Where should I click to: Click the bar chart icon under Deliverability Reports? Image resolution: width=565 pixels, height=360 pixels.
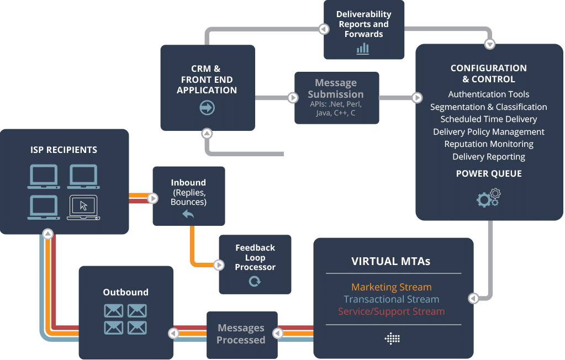coord(363,48)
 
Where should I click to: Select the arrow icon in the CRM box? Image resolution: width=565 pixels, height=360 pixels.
coord(207,108)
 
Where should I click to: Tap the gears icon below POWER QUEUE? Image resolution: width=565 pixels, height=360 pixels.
coord(488,197)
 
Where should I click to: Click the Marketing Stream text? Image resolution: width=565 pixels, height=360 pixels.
coord(391,287)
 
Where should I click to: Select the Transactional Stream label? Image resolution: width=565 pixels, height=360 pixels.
coord(391,299)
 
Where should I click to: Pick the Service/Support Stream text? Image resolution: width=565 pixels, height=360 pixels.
coord(391,311)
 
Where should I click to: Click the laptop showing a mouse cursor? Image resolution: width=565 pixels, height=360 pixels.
coord(83,208)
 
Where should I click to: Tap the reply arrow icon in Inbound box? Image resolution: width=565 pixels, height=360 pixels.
coord(188,214)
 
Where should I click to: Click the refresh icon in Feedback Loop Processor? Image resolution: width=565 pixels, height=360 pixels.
coord(255,282)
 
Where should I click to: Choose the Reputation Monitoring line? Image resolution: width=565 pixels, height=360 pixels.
coord(489,144)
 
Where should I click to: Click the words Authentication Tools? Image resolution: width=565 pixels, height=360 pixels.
coord(489,94)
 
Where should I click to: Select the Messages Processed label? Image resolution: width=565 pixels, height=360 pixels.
coord(241,334)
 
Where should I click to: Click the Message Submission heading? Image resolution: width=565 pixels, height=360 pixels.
coord(336,88)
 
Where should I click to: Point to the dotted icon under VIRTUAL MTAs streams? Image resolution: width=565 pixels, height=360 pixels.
coord(392,338)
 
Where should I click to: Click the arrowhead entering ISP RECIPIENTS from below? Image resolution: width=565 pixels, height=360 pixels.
coord(47,234)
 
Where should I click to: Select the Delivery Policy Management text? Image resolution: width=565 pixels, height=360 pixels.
coord(489,132)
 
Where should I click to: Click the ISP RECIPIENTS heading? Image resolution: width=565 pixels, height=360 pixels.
coord(64,150)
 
